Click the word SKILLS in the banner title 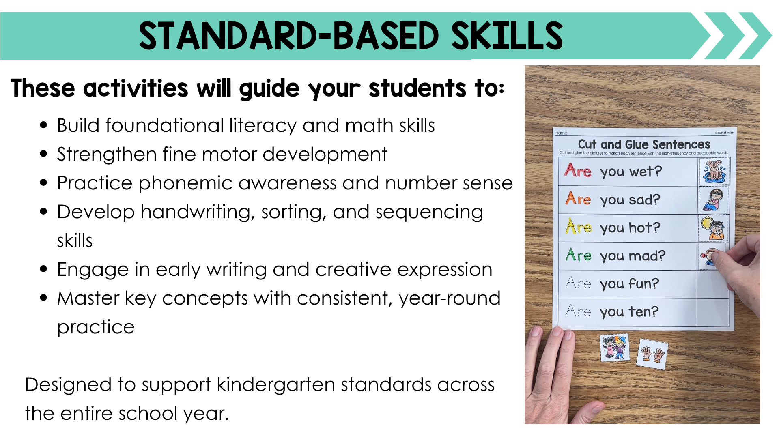pyautogui.click(x=507, y=36)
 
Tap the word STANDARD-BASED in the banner pyautogui.click(x=289, y=36)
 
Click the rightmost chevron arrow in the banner pyautogui.click(x=755, y=36)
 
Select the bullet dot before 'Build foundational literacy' pyautogui.click(x=44, y=125)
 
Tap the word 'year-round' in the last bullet pyautogui.click(x=450, y=298)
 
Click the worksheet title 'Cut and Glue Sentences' pyautogui.click(x=644, y=144)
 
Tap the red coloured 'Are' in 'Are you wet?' pyautogui.click(x=578, y=170)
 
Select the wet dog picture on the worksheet pyautogui.click(x=714, y=170)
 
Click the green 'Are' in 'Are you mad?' pyautogui.click(x=579, y=255)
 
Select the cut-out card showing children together pyautogui.click(x=615, y=348)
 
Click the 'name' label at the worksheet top pyautogui.click(x=561, y=133)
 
